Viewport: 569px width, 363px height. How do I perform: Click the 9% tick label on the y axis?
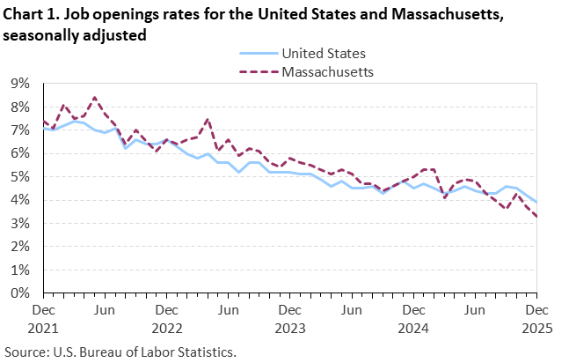19,84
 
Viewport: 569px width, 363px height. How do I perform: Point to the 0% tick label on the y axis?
19,293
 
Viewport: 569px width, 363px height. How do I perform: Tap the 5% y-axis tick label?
19,177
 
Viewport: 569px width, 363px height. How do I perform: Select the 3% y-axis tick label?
19,224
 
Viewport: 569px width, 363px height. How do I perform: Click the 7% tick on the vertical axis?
19,130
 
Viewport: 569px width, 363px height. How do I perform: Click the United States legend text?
324,55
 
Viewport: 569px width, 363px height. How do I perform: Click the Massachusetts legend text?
327,71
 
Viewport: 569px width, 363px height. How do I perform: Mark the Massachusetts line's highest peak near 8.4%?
94,97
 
